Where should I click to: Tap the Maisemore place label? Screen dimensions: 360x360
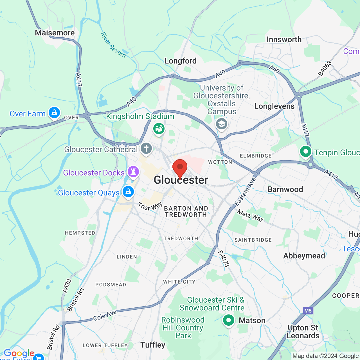(x=55, y=33)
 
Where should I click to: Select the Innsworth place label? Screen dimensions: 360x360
(x=284, y=40)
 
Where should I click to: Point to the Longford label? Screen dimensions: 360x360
(x=181, y=61)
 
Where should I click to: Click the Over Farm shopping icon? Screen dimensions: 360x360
(x=54, y=112)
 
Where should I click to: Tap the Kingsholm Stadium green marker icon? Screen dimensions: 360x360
(x=159, y=129)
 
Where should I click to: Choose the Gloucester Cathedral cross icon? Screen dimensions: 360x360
(x=146, y=148)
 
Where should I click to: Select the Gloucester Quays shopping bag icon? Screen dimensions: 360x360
(x=128, y=192)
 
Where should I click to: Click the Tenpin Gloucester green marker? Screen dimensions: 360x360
(x=306, y=152)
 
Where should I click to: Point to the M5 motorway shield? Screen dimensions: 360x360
(x=308, y=311)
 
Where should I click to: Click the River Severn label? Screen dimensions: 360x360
(x=113, y=45)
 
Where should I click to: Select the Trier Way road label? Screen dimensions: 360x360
(x=150, y=206)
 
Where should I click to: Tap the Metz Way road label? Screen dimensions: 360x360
(x=250, y=215)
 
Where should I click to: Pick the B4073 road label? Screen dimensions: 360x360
(x=224, y=258)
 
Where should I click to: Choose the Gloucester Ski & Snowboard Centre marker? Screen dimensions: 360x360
(x=229, y=320)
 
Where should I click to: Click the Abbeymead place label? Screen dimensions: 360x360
(x=304, y=256)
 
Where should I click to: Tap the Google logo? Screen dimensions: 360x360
(x=19, y=354)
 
